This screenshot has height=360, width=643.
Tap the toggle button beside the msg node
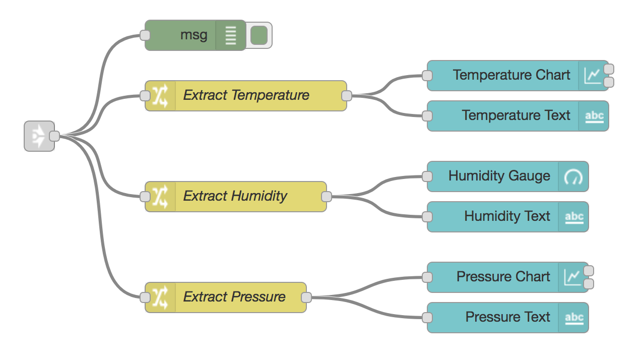click(259, 35)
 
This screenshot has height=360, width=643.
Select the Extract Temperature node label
click(246, 95)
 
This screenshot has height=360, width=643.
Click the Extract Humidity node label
click(235, 196)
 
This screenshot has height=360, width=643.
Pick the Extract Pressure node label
click(234, 297)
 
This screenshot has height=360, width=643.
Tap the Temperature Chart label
click(511, 75)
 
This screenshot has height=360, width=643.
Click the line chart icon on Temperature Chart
click(592, 76)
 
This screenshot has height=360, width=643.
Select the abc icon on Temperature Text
click(594, 116)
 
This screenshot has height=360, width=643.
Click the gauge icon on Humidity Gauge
click(573, 176)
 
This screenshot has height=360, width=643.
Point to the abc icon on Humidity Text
click(574, 217)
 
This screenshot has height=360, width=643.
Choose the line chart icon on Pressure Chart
click(572, 277)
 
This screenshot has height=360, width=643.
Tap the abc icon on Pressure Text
click(574, 318)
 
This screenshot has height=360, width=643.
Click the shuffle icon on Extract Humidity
click(160, 196)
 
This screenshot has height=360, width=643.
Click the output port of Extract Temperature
click(346, 95)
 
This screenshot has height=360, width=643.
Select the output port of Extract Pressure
click(306, 297)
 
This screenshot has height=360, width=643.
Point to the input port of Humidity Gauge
click(427, 176)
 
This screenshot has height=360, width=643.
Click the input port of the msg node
click(145, 35)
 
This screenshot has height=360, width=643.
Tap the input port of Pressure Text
click(427, 318)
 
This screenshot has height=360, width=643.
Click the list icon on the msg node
click(230, 35)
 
